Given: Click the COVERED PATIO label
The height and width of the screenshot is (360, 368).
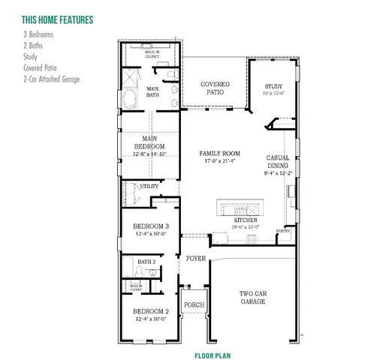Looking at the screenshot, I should coord(215,88).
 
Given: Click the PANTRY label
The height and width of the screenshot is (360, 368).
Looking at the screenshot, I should coord(283,231).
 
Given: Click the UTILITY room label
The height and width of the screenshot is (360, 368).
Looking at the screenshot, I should coord(149,185).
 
